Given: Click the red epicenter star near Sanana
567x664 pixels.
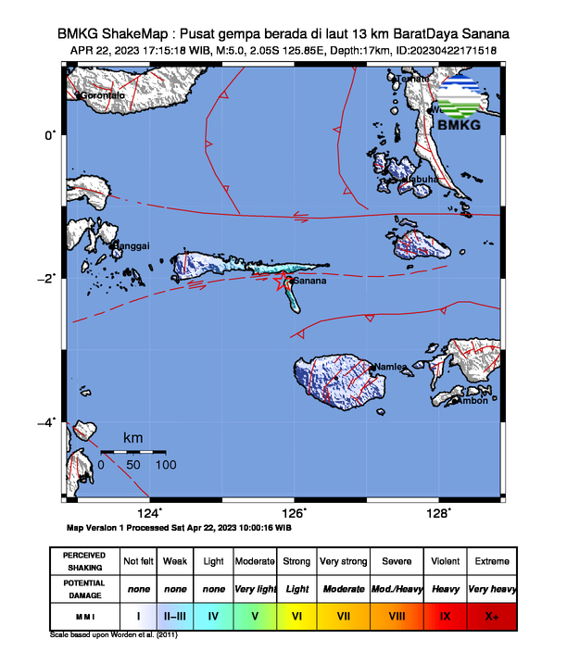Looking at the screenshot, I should coord(283,283).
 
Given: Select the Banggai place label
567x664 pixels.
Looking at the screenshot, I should coord(130,245).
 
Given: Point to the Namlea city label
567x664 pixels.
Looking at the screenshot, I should coord(390,368).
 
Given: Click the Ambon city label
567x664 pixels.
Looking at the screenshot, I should coord(473,400).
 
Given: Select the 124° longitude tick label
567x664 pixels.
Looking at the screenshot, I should coord(150,514).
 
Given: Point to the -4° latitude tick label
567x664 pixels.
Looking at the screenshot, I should coord(48,422).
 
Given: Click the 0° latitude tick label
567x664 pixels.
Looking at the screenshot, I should coord(52,135).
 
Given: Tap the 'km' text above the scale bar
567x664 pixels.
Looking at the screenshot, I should coord(133,437).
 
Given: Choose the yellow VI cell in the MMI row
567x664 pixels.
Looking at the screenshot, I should coord(296,614).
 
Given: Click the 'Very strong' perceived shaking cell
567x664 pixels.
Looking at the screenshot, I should coord(343,561).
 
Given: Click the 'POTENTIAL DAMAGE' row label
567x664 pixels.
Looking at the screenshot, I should coord(84,588).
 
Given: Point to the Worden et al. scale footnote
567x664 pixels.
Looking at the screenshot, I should coord(114,635).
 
